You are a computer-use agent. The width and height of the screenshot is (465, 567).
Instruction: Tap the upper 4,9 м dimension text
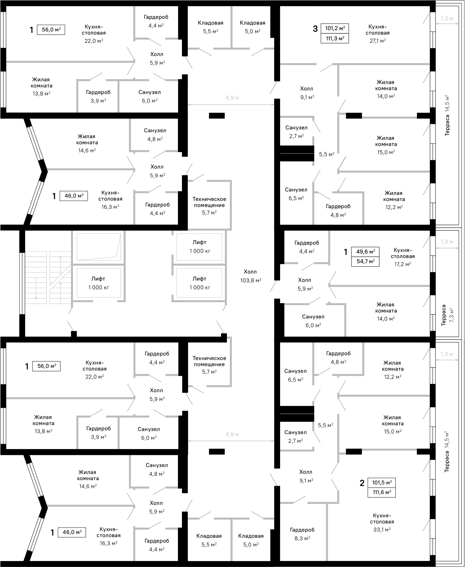[232, 98]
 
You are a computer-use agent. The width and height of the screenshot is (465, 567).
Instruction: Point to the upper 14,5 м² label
[447, 103]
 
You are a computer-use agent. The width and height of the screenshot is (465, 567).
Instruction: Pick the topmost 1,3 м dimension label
[447, 19]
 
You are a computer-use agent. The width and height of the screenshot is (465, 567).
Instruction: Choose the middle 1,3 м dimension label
[447, 242]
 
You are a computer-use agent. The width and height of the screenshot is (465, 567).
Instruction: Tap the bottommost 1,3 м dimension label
[447, 354]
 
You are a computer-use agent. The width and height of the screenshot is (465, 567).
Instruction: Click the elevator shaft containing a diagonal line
[98, 247]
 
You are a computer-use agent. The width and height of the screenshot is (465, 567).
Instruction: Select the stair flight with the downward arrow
[36, 277]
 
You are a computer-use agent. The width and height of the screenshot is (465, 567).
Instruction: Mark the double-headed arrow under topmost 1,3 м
[447, 24]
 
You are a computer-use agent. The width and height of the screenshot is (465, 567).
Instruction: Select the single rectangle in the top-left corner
[51, 30]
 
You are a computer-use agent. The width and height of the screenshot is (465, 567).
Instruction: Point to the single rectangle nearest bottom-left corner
[72, 532]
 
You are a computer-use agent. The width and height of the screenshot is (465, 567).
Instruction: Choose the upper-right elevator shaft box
[199, 247]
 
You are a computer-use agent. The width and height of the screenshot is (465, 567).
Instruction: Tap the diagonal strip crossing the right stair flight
[60, 277]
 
